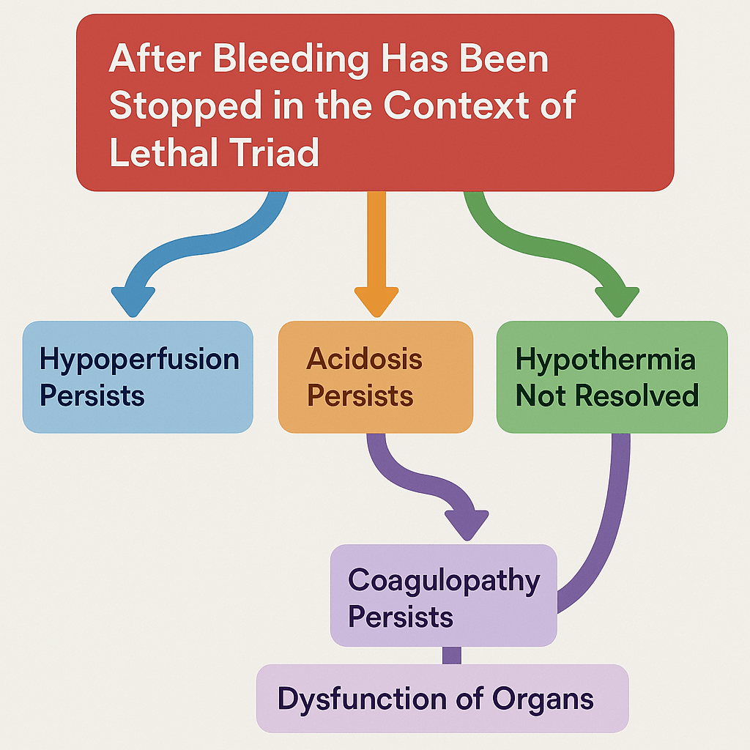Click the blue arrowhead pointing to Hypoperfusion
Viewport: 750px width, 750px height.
[x=133, y=300]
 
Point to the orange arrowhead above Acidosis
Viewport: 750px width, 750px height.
[x=376, y=300]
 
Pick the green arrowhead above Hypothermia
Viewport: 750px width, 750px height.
[x=617, y=300]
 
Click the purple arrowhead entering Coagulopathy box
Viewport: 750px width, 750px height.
[x=467, y=523]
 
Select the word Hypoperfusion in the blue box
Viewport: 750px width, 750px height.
[x=139, y=360]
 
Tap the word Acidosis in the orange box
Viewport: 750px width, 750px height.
[x=364, y=359]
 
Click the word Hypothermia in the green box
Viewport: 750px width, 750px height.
[x=605, y=360]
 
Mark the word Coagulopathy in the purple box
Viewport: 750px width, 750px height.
[x=444, y=580]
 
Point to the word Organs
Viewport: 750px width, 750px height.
[x=543, y=698]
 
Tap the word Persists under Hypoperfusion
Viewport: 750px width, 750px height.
[x=92, y=396]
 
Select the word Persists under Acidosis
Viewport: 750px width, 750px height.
[x=360, y=396]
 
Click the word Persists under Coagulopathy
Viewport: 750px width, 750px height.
[x=400, y=617]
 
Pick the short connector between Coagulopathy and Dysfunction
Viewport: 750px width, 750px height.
[x=452, y=656]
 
